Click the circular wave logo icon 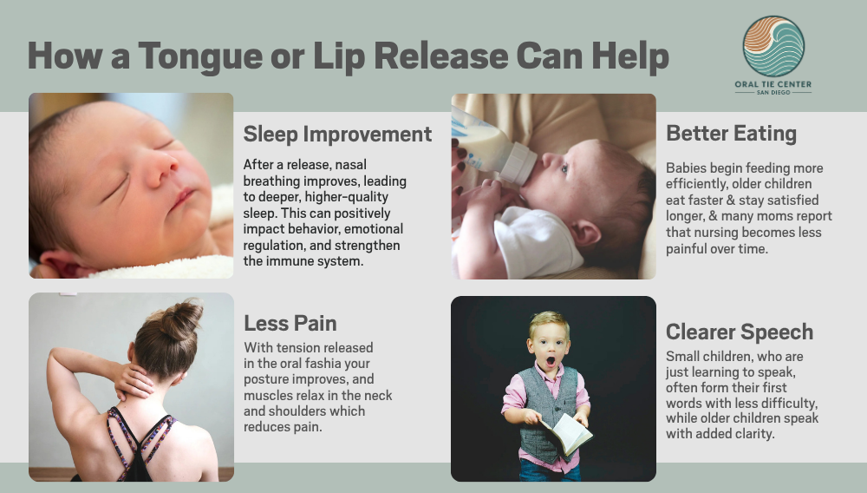click(773, 47)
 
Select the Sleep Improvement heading click(337, 135)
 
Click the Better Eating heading click(731, 134)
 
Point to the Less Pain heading click(290, 323)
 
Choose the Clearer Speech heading click(740, 332)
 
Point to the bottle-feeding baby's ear click(585, 233)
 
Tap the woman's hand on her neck click(133, 382)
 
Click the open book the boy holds click(566, 433)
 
